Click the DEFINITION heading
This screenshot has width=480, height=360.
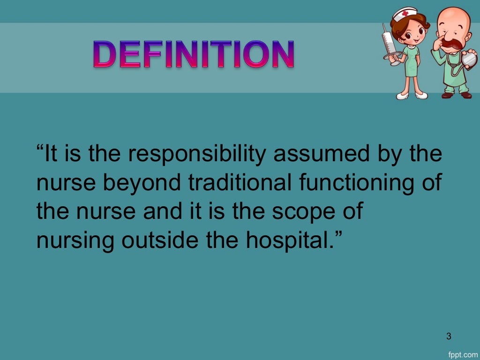coord(194,55)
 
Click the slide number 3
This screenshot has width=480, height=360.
coord(449,336)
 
